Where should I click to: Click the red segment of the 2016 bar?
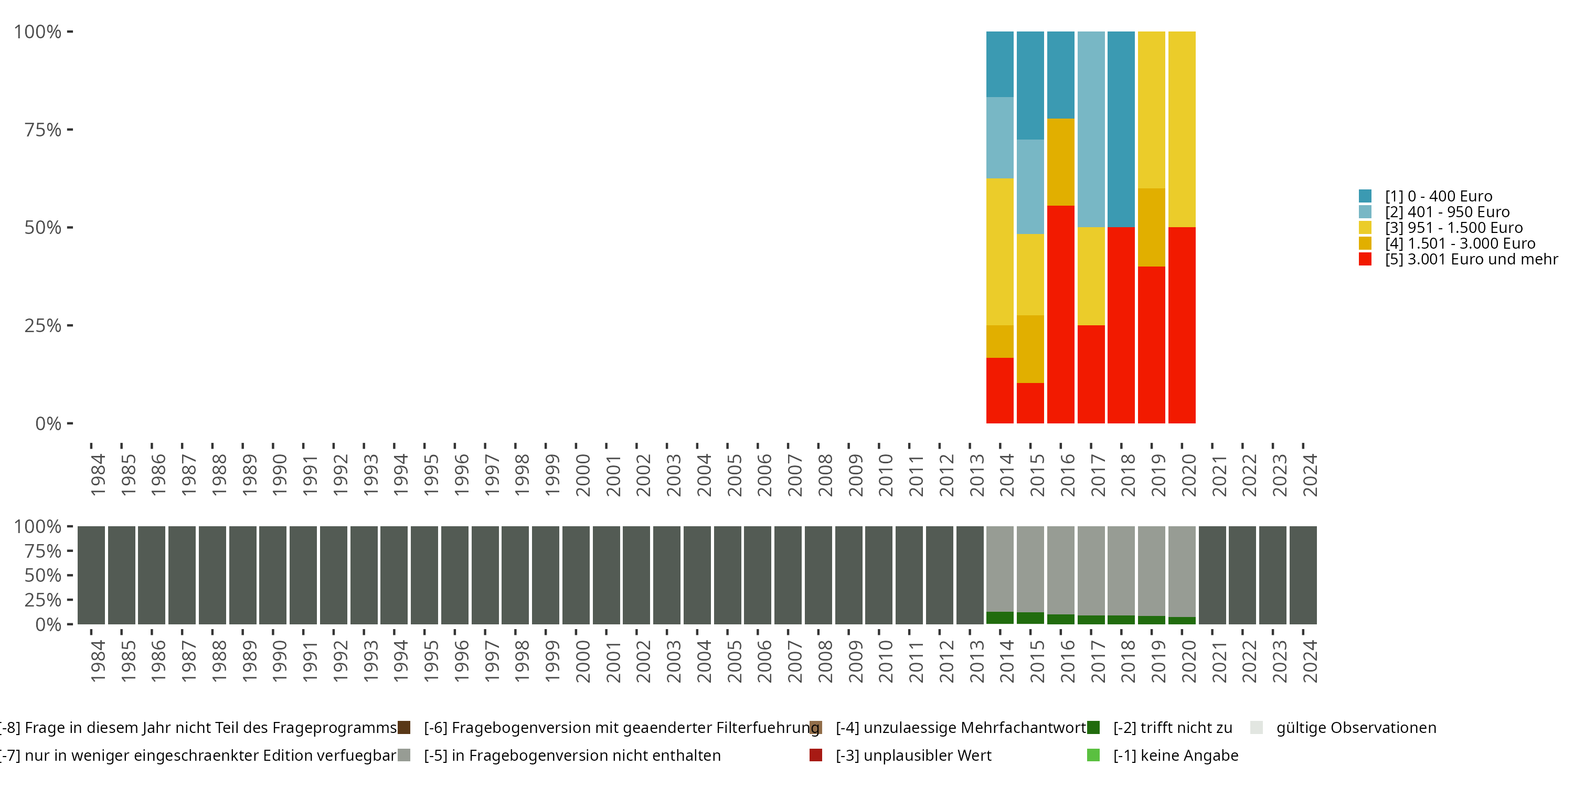pos(1060,314)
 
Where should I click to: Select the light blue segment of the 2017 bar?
pos(1091,129)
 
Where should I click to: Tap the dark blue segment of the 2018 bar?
pos(1121,129)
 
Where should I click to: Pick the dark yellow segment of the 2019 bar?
pos(1151,227)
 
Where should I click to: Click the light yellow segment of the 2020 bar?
pos(1181,129)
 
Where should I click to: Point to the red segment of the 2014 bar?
pos(999,390)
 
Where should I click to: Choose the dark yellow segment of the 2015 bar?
pos(1030,349)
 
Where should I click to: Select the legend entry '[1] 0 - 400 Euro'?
pos(1438,196)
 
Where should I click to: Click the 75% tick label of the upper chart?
pos(43,130)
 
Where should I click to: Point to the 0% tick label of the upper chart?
pos(48,423)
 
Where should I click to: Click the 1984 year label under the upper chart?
pos(98,475)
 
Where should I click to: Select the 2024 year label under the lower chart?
pos(1310,661)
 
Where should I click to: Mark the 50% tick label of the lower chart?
pos(43,576)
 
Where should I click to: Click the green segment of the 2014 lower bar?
pos(999,618)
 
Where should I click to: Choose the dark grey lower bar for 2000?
pos(576,575)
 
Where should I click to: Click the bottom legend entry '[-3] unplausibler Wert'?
pos(913,755)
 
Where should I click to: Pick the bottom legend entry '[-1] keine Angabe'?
pos(1175,755)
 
